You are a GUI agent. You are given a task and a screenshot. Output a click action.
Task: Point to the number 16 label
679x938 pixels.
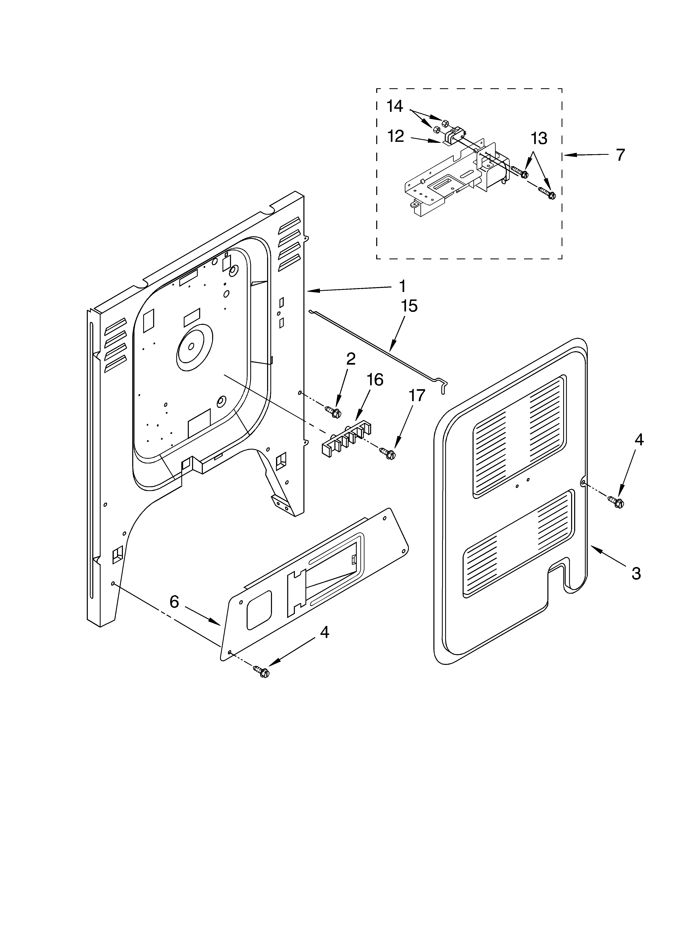tap(375, 379)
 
